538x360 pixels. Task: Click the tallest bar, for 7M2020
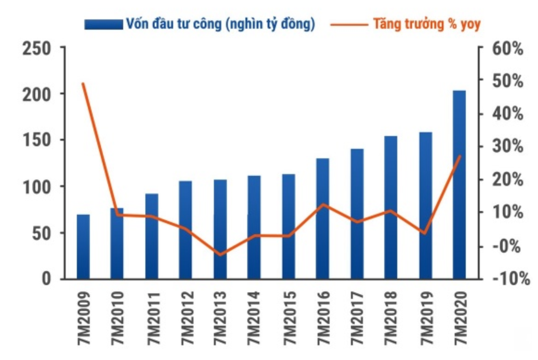459,185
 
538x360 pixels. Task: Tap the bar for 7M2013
220,229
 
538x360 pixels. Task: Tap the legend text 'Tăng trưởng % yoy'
427,24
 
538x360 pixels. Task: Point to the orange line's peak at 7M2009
83,84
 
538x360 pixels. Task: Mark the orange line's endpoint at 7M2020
459,156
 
